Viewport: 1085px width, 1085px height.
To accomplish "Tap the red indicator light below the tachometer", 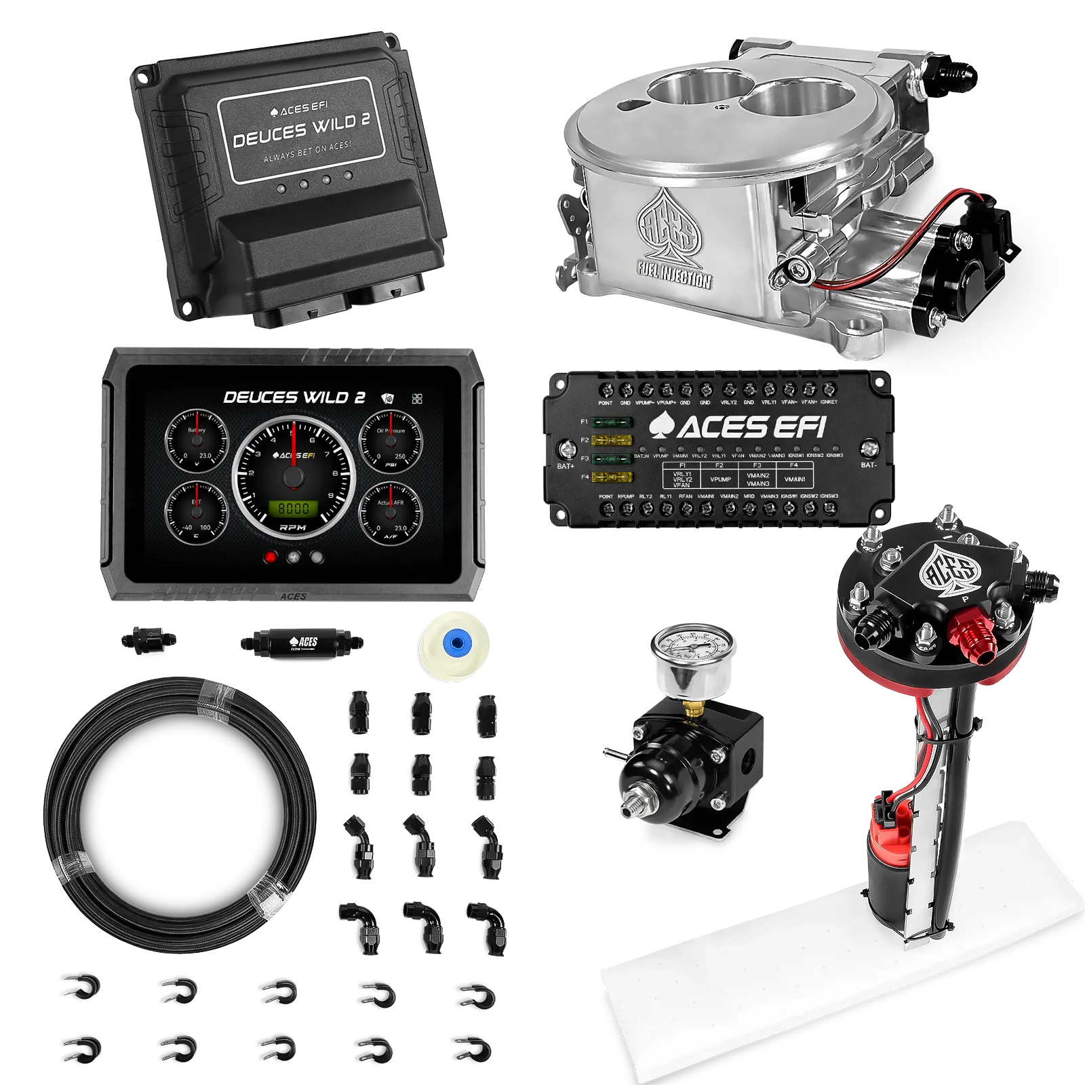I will (271, 557).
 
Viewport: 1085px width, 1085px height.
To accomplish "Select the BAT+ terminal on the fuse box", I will (564, 449).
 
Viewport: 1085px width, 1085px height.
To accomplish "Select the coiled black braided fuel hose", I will (180, 797).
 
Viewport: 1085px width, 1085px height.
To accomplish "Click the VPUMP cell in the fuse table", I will (720, 479).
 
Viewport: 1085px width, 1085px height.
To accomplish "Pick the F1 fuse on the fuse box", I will (613, 422).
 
